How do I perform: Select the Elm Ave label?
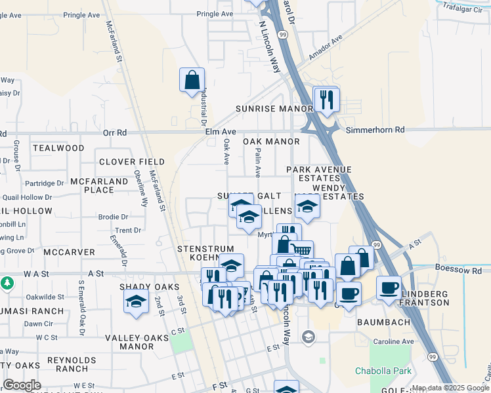tap(203, 132)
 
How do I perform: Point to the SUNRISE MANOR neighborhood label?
tap(274, 108)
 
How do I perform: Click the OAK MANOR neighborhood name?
tap(271, 141)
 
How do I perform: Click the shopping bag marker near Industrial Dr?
tap(192, 81)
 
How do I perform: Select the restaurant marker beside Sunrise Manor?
tap(326, 100)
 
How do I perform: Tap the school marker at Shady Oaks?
tap(136, 303)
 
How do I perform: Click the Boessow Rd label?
tap(458, 269)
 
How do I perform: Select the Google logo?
tap(22, 385)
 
